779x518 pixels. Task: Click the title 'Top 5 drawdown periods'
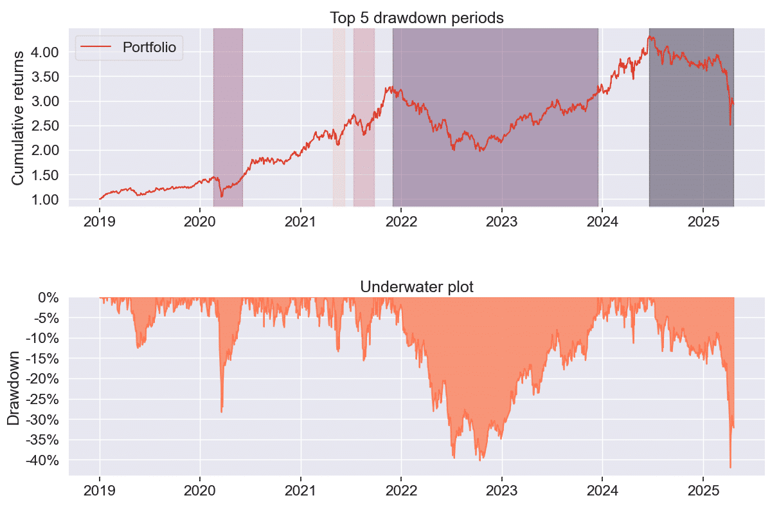(x=416, y=18)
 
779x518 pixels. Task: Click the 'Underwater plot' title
(x=416, y=287)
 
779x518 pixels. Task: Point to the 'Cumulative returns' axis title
(x=17, y=118)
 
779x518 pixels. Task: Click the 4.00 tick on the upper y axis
(x=45, y=51)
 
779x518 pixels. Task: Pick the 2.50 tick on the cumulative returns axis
(x=45, y=125)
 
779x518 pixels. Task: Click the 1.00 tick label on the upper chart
(x=45, y=199)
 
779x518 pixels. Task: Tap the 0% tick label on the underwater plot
(x=49, y=298)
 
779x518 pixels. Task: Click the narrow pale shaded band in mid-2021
(x=339, y=116)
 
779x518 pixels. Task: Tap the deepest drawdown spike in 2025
(x=730, y=467)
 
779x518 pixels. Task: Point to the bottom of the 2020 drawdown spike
(x=222, y=411)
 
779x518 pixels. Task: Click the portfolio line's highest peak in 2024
(x=650, y=36)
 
